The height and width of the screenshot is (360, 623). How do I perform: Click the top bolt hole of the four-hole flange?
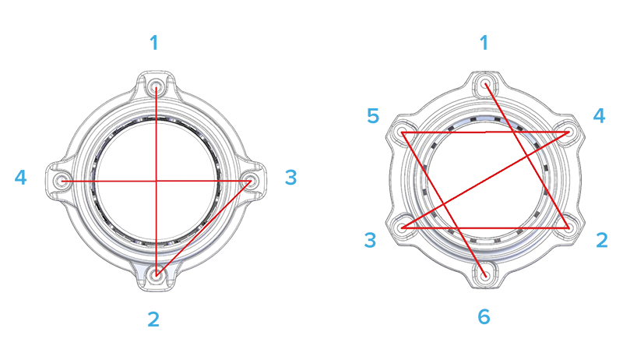pos(157,83)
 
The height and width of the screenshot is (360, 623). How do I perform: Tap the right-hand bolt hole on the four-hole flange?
pos(251,180)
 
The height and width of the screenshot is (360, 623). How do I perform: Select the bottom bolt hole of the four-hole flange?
pos(157,274)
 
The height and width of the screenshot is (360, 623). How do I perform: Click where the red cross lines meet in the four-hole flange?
pos(157,180)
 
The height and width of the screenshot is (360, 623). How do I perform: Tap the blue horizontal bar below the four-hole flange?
pos(154,318)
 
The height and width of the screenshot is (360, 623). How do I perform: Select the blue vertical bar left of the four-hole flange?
pos(23,178)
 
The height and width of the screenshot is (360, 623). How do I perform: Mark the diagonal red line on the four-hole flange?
pos(204,227)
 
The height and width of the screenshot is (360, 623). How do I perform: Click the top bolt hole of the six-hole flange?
pos(486,82)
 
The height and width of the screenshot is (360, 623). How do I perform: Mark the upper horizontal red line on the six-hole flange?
pos(486,132)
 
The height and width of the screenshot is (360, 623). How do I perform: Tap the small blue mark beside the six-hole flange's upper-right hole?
pos(599,115)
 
